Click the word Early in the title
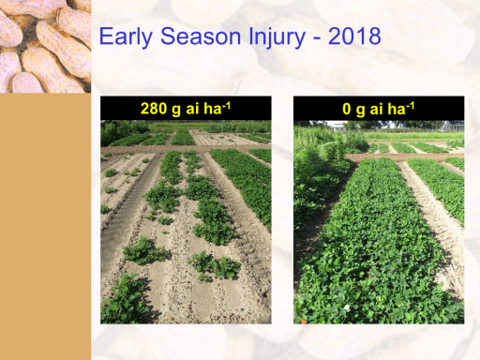[126, 37]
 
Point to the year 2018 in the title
[354, 37]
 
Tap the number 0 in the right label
[347, 109]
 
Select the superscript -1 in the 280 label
[226, 106]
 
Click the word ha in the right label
[397, 109]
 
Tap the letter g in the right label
[360, 111]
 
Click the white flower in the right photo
[347, 307]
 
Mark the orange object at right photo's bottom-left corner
[303, 321]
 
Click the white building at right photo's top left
[336, 126]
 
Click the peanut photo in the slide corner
[45, 46]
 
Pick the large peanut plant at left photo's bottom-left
[124, 298]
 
